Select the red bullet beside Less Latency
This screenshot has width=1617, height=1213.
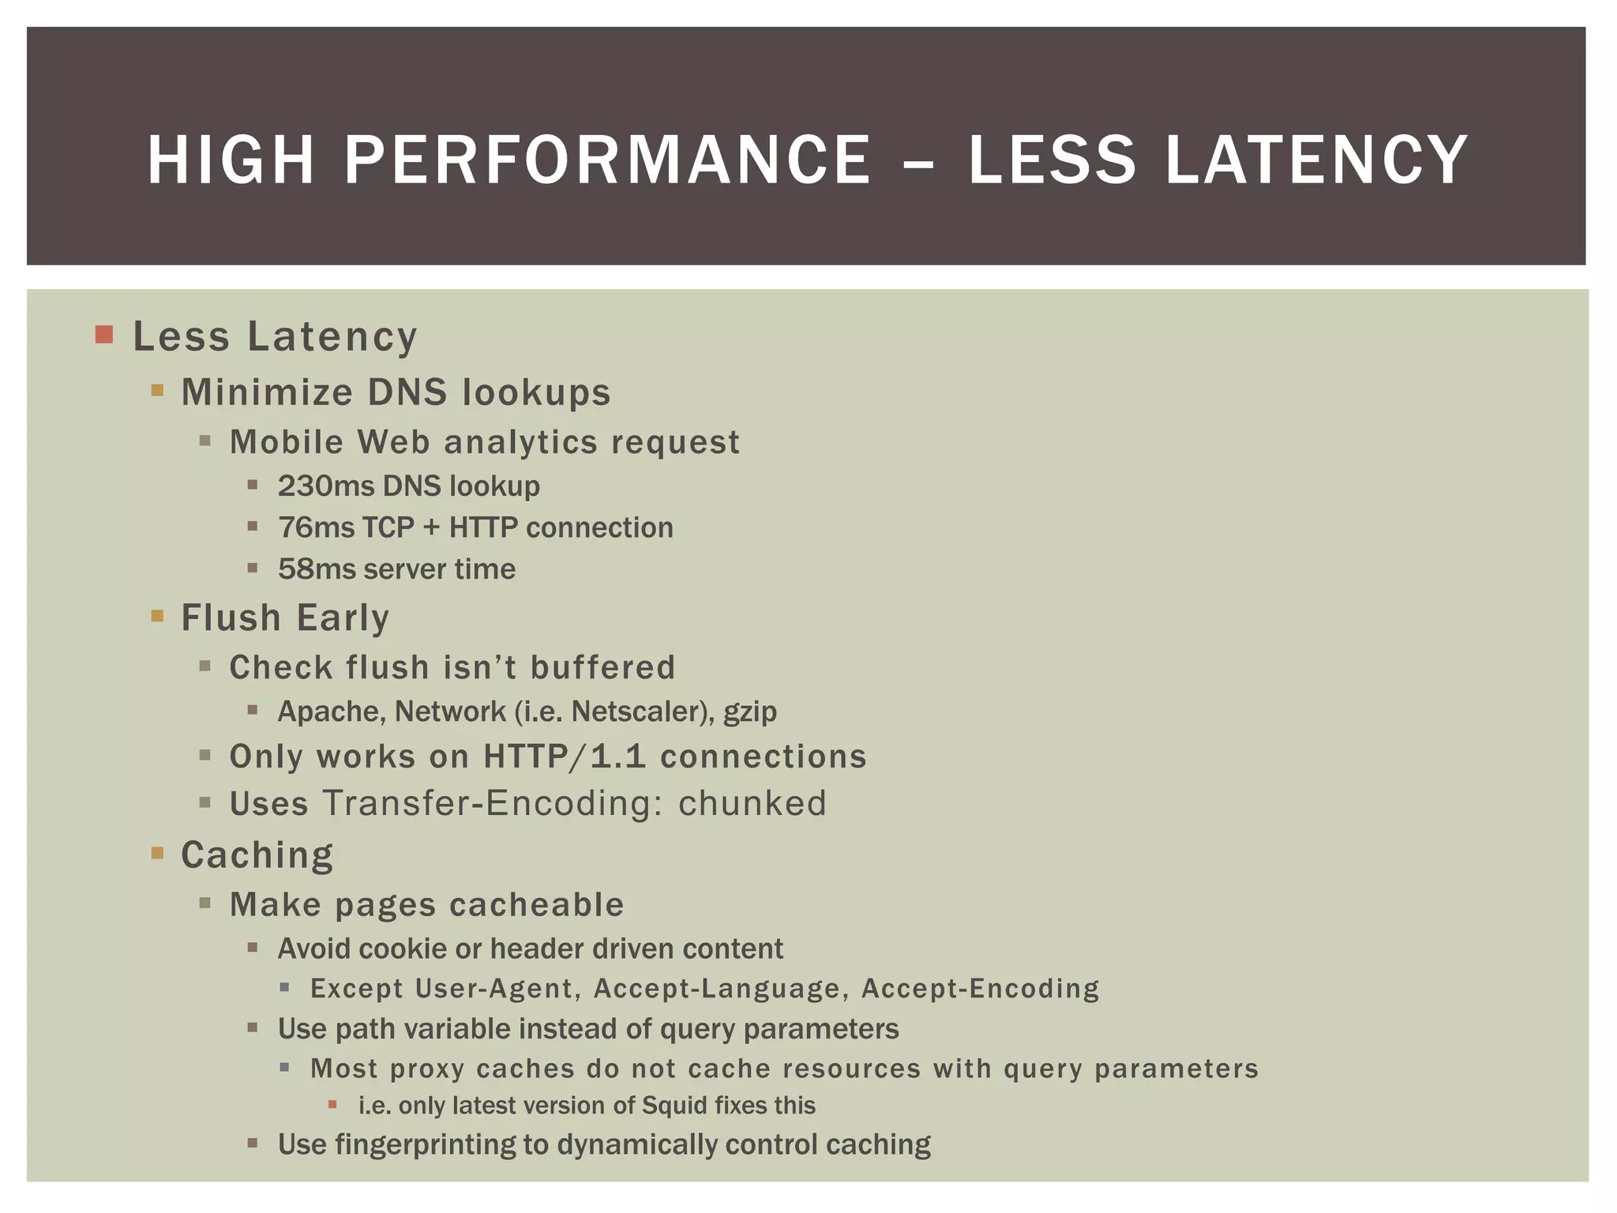[x=104, y=334]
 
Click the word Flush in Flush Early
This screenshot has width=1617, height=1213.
[x=231, y=617]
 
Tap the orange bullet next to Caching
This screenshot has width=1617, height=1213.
[x=157, y=853]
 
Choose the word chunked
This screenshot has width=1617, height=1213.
[x=752, y=803]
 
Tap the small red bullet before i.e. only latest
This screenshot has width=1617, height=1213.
[x=332, y=1104]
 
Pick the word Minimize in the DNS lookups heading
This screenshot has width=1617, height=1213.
[x=267, y=392]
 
